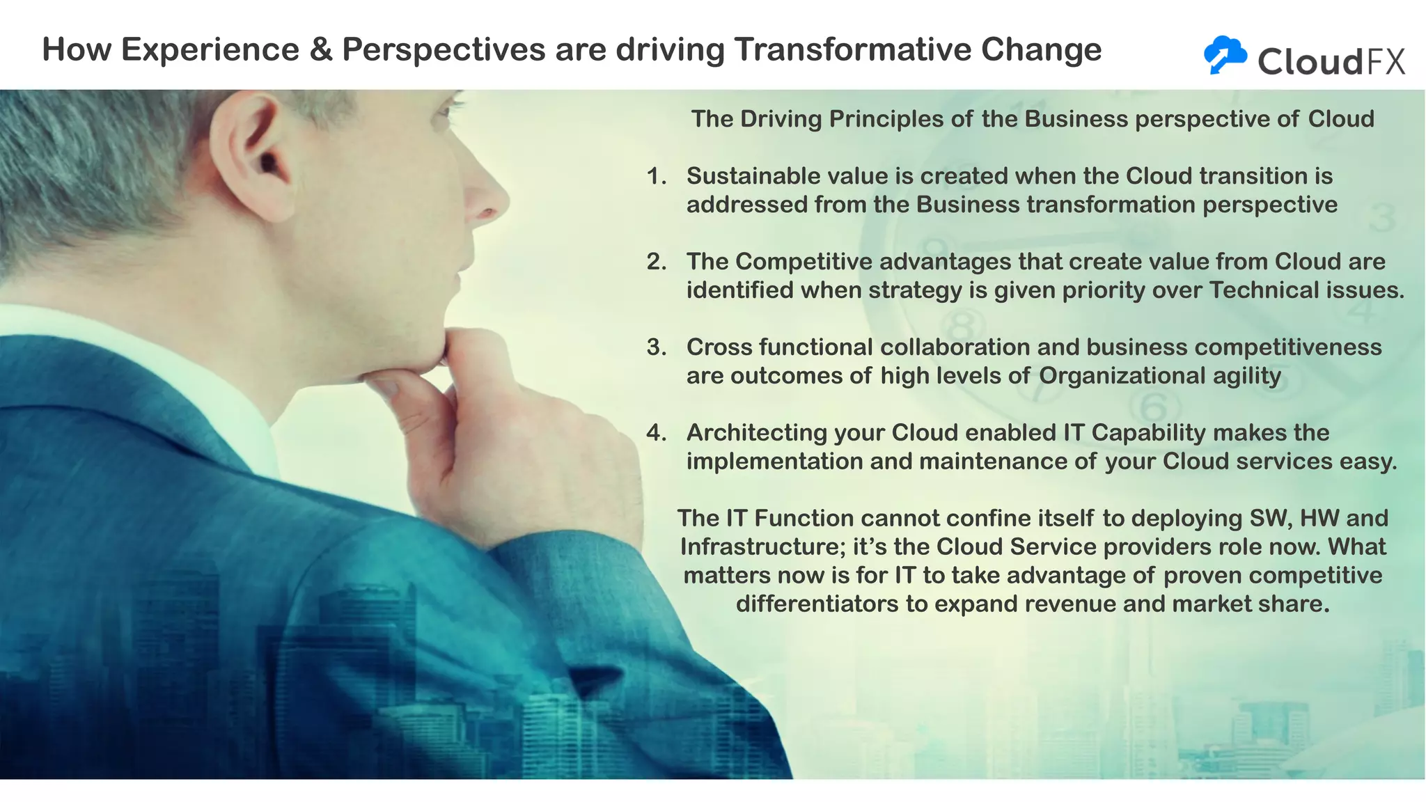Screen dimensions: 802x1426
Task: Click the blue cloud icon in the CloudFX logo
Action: [1225, 54]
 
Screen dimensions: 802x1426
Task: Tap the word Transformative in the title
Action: [852, 50]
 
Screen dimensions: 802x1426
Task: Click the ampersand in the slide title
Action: [320, 50]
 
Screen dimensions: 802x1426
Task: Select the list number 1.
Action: [655, 176]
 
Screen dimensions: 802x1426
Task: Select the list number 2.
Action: [656, 262]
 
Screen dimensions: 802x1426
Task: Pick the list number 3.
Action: [656, 347]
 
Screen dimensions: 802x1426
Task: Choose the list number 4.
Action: [656, 433]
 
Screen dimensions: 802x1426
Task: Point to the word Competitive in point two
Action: [804, 262]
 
